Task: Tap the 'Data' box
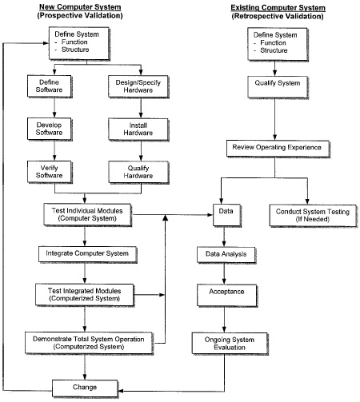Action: click(x=225, y=213)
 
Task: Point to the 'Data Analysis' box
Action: click(x=225, y=255)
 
